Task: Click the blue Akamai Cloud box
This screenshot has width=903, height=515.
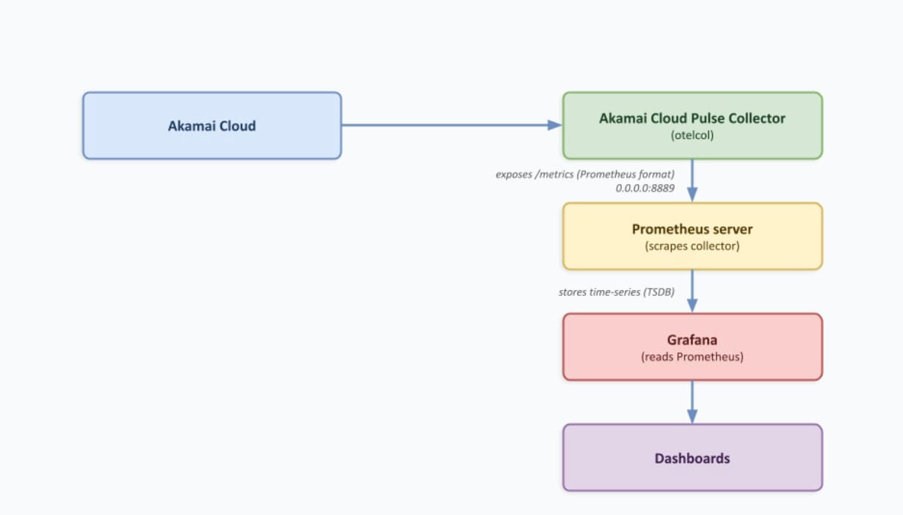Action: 212,126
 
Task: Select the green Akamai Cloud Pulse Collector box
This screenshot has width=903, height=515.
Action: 692,126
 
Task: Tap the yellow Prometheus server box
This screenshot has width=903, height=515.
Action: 692,237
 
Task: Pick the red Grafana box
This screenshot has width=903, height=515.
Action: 692,347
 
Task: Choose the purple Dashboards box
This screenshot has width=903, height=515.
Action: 692,458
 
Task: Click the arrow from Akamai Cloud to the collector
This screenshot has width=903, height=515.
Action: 444,125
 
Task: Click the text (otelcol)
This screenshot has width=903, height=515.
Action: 692,135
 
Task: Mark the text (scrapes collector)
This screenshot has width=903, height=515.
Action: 692,246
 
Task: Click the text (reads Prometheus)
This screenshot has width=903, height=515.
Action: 692,357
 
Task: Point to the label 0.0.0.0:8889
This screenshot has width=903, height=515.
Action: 645,189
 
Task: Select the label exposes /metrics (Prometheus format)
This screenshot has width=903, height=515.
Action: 585,175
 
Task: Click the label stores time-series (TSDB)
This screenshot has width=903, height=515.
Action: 616,292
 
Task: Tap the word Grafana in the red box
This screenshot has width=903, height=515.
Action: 692,340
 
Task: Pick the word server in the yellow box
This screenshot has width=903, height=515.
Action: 733,229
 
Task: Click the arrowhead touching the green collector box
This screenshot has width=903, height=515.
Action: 555,125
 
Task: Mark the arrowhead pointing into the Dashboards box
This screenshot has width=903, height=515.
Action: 692,417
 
